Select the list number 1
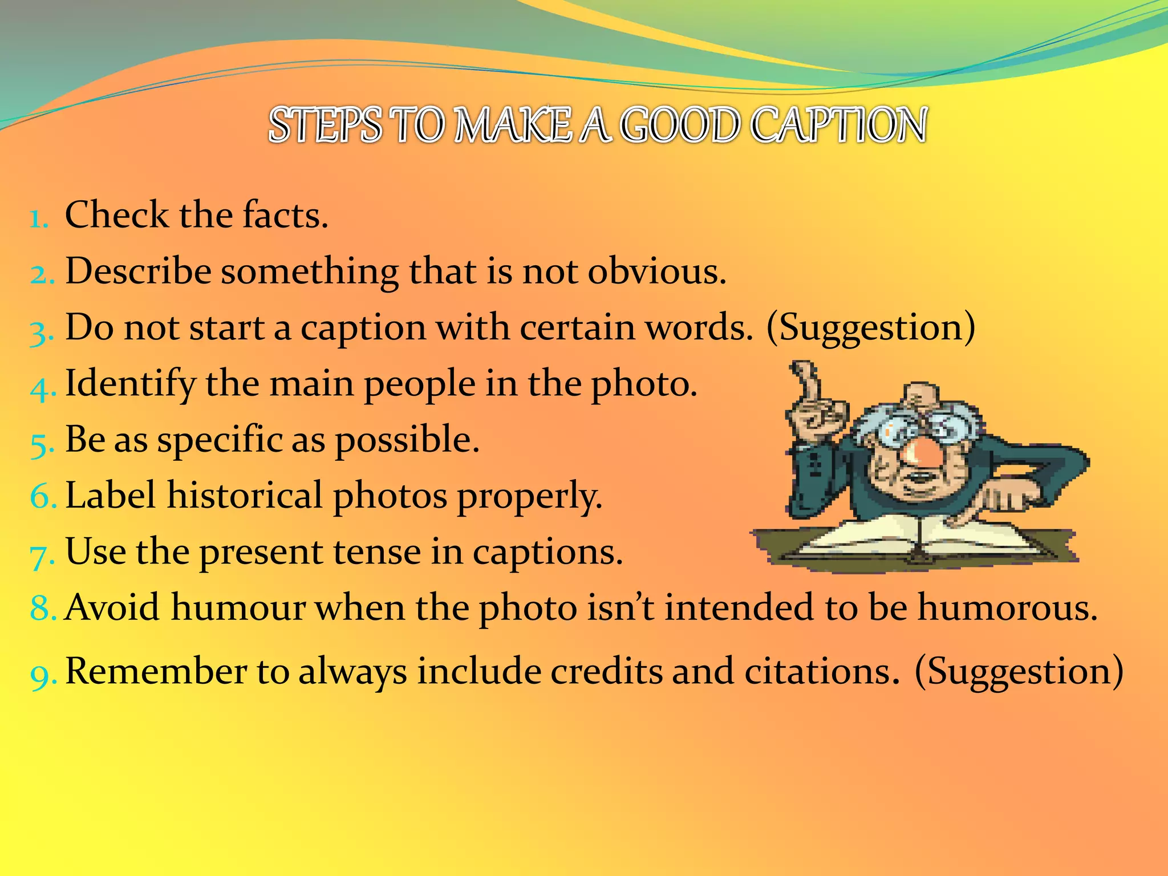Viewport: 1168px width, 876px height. click(39, 218)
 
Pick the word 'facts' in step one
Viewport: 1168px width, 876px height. click(285, 215)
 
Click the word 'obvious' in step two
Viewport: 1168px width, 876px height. click(656, 271)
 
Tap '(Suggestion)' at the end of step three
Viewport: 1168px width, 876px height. click(871, 328)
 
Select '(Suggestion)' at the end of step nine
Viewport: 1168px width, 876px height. click(1019, 672)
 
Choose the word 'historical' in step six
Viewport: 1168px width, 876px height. click(245, 495)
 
